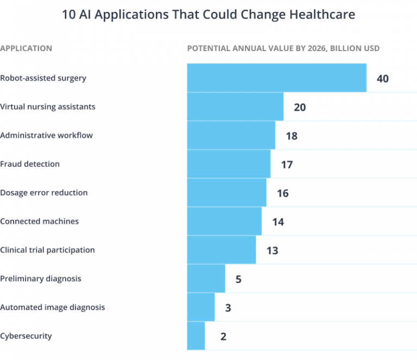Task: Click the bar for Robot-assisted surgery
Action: pyautogui.click(x=276, y=78)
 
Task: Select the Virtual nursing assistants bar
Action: pyautogui.click(x=235, y=106)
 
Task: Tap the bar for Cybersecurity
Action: pyautogui.click(x=196, y=336)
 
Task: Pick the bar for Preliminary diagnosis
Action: pyautogui.click(x=206, y=279)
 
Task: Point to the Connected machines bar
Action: pyautogui.click(x=224, y=221)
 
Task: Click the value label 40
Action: pyautogui.click(x=382, y=79)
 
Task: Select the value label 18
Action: pyautogui.click(x=292, y=136)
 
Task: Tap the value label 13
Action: pyautogui.click(x=272, y=251)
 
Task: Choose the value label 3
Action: pyautogui.click(x=228, y=308)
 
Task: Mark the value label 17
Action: pyautogui.click(x=287, y=165)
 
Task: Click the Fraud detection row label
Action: pyautogui.click(x=30, y=164)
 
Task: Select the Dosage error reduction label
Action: pyautogui.click(x=43, y=193)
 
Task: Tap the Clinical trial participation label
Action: pyautogui.click(x=47, y=250)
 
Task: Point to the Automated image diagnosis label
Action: pyautogui.click(x=52, y=307)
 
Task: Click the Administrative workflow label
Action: pyautogui.click(x=46, y=135)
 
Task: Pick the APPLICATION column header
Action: pyautogui.click(x=26, y=48)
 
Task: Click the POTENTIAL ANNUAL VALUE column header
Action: pyautogui.click(x=283, y=48)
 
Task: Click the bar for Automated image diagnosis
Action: pyautogui.click(x=201, y=307)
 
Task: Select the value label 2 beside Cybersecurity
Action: pyautogui.click(x=223, y=337)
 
